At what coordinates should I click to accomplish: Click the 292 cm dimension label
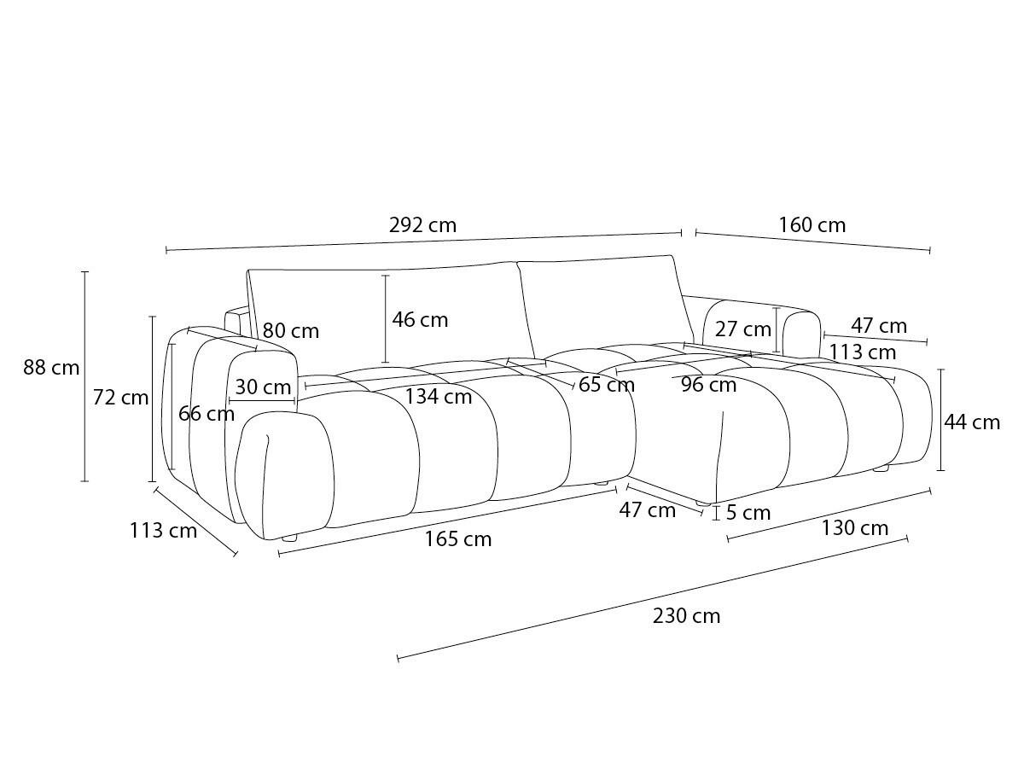tap(422, 225)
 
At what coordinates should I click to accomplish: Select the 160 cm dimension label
tap(812, 225)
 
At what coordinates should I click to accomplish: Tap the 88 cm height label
tap(51, 368)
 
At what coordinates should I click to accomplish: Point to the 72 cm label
tap(120, 398)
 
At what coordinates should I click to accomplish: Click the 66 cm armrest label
tap(207, 414)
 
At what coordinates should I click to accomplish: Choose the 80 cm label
tap(291, 331)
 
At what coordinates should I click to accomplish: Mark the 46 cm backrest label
tap(420, 320)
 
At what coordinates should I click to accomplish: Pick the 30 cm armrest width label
tap(263, 387)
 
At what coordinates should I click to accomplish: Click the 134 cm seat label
tap(438, 397)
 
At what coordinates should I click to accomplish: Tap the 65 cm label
tap(607, 385)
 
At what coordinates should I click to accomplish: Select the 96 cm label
tap(708, 385)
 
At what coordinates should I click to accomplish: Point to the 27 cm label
tap(742, 329)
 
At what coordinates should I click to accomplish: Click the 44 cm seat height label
tap(972, 423)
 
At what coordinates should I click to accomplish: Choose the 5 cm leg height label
tap(748, 513)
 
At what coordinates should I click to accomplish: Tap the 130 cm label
tap(854, 528)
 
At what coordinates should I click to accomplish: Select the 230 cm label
tap(686, 616)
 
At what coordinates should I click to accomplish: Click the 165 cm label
tap(457, 539)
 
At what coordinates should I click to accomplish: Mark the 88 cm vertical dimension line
tap(84, 376)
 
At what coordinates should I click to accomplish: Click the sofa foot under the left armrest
tap(289, 538)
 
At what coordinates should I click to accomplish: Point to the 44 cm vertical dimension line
tap(940, 420)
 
